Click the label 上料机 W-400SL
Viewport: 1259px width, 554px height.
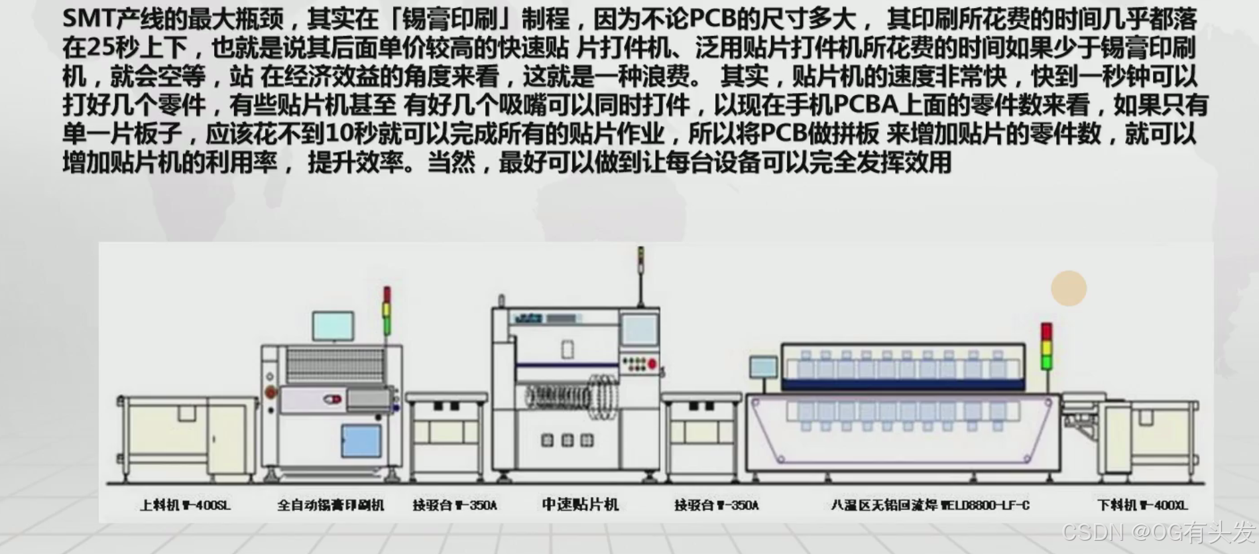tap(185, 506)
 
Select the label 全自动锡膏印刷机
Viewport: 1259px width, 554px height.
tap(330, 506)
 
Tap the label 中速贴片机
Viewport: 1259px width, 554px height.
tap(580, 505)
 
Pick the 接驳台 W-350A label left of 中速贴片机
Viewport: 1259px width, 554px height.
tap(455, 506)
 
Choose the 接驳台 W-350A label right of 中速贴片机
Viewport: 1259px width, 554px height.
tap(717, 506)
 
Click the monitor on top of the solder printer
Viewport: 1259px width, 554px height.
tap(333, 326)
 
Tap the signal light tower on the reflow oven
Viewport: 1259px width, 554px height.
tap(1046, 346)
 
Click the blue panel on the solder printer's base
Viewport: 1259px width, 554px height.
tap(361, 441)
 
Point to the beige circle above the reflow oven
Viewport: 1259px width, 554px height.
tap(1069, 289)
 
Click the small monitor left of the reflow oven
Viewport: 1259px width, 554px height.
tap(763, 368)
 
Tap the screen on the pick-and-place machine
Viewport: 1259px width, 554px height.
tap(640, 330)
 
